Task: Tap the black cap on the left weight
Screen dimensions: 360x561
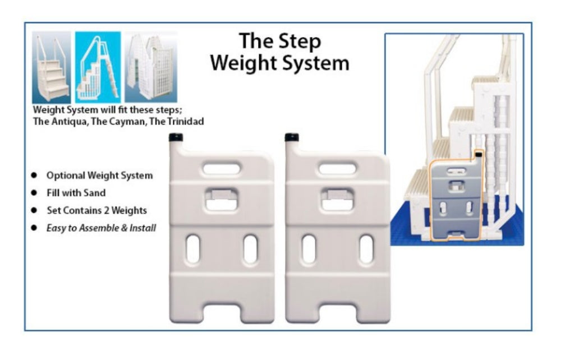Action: pyautogui.click(x=176, y=137)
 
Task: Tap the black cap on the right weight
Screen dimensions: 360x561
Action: pyautogui.click(x=292, y=137)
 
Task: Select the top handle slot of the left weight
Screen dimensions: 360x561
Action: pyautogui.click(x=222, y=169)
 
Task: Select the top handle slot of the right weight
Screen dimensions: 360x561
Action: pyautogui.click(x=337, y=169)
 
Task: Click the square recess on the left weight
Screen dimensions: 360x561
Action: pyautogui.click(x=222, y=199)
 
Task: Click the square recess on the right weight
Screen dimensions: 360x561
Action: pyautogui.click(x=337, y=199)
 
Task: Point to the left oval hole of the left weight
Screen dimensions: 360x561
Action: pyautogui.click(x=192, y=249)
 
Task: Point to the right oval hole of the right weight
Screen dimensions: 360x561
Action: pyautogui.click(x=366, y=249)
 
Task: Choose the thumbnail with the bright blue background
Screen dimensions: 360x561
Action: pyautogui.click(x=98, y=67)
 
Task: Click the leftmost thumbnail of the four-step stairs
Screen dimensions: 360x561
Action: pyautogui.click(x=51, y=67)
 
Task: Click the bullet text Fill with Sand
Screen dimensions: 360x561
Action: pyautogui.click(x=76, y=193)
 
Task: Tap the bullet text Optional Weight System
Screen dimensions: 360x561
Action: pyautogui.click(x=99, y=176)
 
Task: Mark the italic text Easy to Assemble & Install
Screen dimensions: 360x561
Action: pyautogui.click(x=101, y=228)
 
